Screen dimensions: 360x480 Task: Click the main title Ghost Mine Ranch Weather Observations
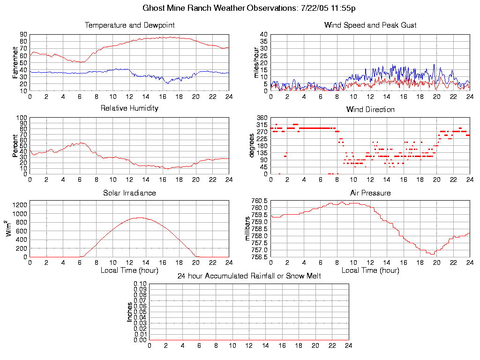click(x=248, y=8)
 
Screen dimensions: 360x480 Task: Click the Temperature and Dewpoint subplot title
click(x=129, y=25)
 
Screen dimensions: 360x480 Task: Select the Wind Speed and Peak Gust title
click(x=370, y=25)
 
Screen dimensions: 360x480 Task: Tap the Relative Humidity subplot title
click(x=129, y=108)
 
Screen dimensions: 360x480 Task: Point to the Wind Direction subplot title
click(x=370, y=110)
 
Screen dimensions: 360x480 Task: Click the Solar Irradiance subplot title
click(x=129, y=193)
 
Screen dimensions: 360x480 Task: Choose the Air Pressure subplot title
click(x=370, y=193)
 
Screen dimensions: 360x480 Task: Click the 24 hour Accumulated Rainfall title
click(x=249, y=276)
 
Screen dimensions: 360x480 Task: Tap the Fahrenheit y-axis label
click(x=15, y=62)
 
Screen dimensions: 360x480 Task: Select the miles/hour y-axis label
click(x=256, y=62)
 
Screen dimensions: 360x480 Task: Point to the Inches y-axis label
click(x=129, y=312)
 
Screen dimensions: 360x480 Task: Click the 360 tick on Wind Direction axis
click(x=262, y=118)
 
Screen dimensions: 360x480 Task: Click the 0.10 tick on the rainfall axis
click(x=140, y=284)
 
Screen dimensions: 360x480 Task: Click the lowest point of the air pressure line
click(x=432, y=254)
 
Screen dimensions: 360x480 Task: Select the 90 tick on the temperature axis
click(x=23, y=35)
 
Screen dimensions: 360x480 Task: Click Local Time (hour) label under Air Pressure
click(x=370, y=270)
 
